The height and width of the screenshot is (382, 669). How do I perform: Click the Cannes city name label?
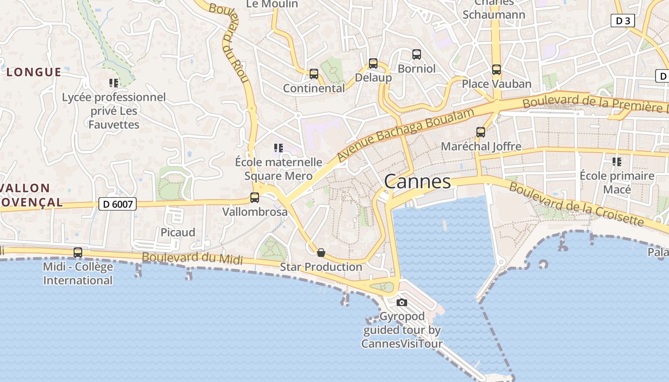pos(417,181)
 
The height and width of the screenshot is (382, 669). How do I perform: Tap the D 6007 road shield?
pos(118,204)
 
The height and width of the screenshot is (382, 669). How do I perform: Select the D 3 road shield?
pos(623,21)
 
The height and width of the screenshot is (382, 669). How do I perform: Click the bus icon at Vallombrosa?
pos(255,197)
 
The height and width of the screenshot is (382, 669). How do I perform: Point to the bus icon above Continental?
pos(314,74)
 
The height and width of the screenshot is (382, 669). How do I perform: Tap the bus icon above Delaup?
pos(373,64)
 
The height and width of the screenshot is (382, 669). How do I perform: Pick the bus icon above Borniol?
pos(417,54)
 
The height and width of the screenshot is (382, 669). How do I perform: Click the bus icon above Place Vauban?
pos(496,70)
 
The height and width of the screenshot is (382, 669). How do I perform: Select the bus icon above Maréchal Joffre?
pos(481,132)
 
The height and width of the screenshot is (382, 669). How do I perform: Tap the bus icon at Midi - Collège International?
pos(78,252)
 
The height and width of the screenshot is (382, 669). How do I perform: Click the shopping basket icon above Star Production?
pos(321,252)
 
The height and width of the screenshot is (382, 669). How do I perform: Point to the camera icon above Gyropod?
pos(402,302)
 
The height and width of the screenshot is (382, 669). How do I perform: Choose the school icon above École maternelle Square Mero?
pos(279,148)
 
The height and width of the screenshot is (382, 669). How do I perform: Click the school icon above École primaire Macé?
pos(617,162)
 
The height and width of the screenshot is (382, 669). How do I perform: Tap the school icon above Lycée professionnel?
pos(114,83)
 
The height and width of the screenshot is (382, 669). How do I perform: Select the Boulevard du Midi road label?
pos(192,258)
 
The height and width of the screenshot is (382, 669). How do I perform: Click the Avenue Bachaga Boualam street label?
pos(406,135)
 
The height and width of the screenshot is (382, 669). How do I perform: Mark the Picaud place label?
pos(178,233)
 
